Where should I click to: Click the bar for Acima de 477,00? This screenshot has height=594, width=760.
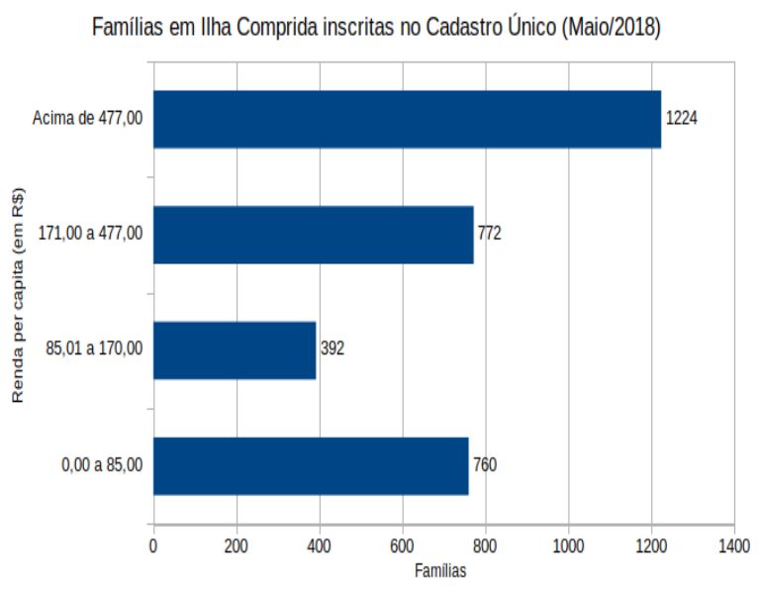(407, 119)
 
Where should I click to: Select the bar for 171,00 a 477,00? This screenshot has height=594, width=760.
(313, 235)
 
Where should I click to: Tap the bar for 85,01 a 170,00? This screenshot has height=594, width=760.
(235, 349)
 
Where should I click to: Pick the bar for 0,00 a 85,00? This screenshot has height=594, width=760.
(311, 465)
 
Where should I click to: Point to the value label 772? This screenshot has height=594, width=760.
(490, 235)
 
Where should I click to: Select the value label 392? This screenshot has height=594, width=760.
(332, 349)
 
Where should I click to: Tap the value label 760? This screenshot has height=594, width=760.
(485, 465)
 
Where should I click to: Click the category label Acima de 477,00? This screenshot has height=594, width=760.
(87, 119)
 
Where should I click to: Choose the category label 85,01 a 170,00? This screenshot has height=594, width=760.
(94, 349)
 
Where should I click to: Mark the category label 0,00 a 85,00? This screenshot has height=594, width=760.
(101, 465)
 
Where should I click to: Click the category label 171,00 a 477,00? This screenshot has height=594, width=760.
(90, 235)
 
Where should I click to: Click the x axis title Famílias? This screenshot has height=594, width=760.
(440, 570)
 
